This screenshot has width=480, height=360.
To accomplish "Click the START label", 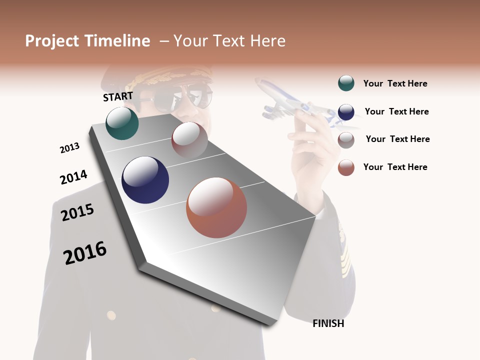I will (x=118, y=96).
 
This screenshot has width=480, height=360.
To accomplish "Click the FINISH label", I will (x=328, y=323).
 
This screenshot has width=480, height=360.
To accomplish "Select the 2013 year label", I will (x=69, y=148).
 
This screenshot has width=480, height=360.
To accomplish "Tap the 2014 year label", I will (x=73, y=177).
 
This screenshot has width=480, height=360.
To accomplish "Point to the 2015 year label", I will (x=77, y=212).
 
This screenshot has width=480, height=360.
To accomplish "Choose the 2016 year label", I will (x=85, y=252).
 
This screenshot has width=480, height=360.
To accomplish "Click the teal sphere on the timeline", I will (x=122, y=123).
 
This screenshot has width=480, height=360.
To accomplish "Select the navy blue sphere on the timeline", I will (x=145, y=180).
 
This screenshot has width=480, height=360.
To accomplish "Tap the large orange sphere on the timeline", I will (x=216, y=207).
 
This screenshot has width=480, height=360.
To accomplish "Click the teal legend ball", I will (x=346, y=83).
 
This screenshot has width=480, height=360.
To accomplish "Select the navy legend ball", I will (x=346, y=112).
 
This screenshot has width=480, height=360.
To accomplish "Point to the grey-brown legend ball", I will (x=346, y=140).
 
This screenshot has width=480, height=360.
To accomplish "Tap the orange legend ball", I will (x=346, y=167).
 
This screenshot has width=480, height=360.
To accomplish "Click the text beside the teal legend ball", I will (x=395, y=83).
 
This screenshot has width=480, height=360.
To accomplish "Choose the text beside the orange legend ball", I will (x=395, y=167).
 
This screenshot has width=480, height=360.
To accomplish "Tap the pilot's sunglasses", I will (x=182, y=98).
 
